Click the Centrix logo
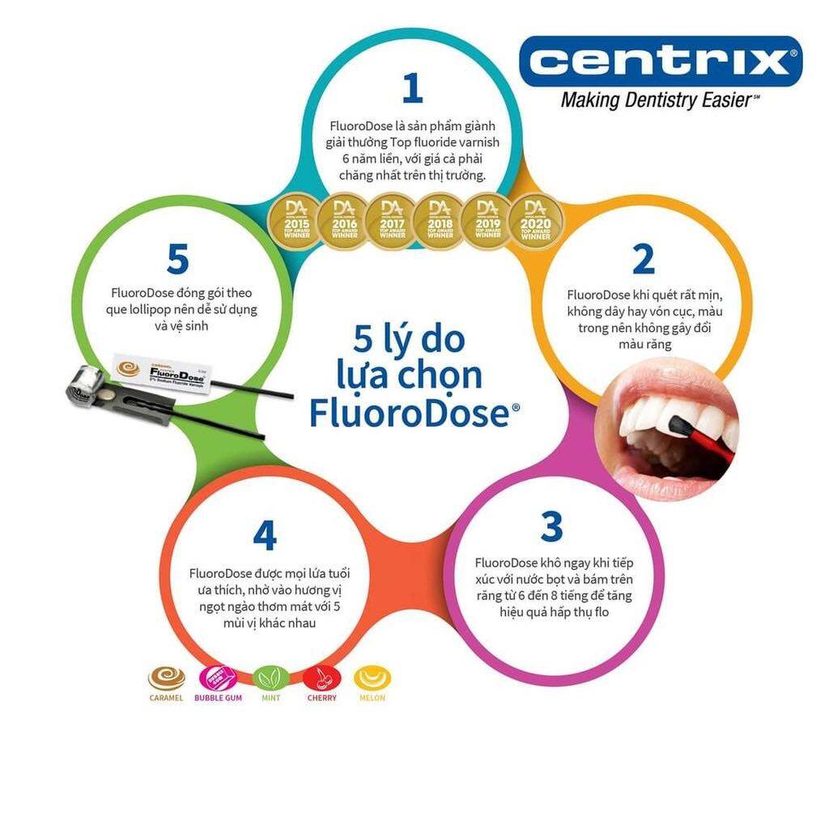click(660, 61)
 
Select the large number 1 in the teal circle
click(412, 89)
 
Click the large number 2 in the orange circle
click(643, 259)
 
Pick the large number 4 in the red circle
click(265, 535)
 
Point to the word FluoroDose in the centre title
click(410, 412)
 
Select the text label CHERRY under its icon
click(322, 698)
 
